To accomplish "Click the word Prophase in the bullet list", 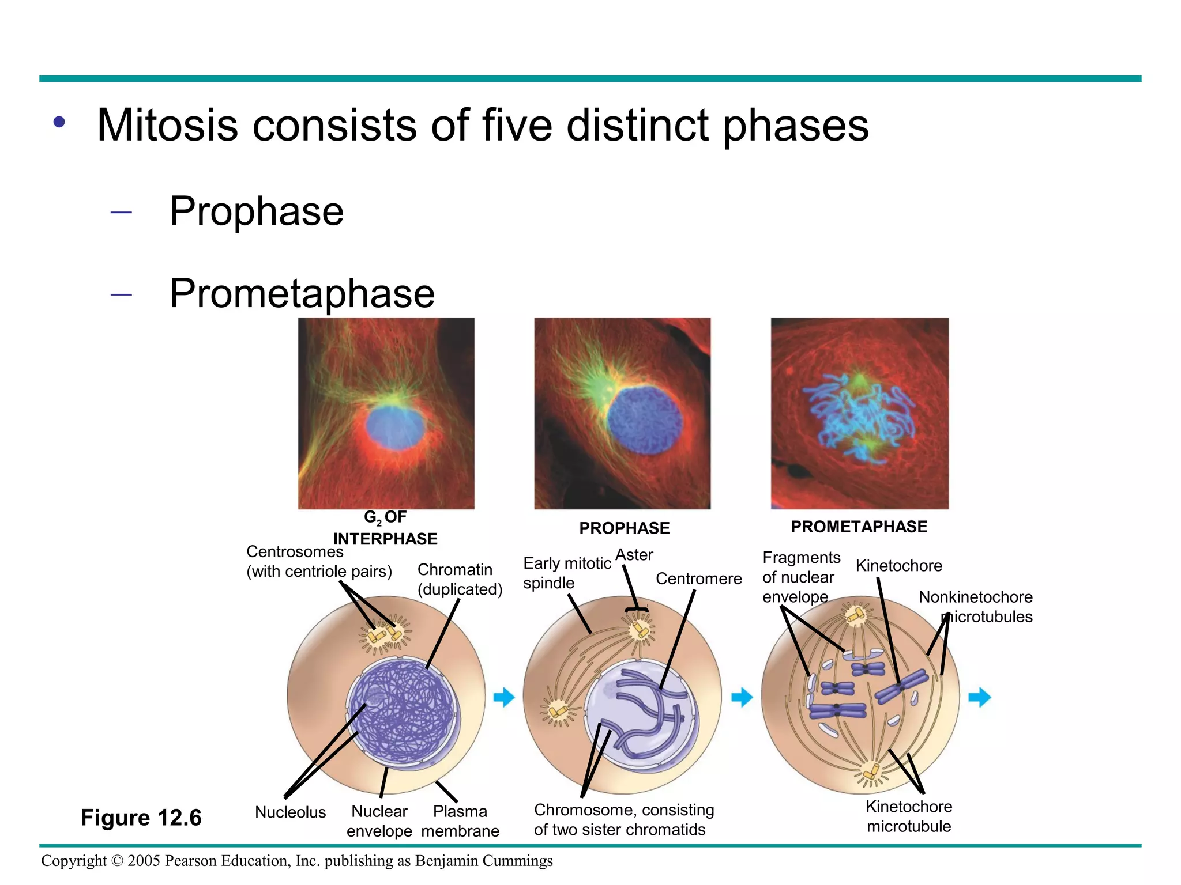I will tap(257, 211).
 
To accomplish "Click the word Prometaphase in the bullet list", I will tap(302, 294).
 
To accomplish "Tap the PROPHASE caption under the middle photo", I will tap(624, 528).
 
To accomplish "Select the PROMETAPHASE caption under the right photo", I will tap(859, 527).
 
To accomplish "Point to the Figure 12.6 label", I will tap(141, 818).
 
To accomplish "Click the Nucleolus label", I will tap(290, 812).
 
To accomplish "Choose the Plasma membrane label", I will tap(460, 821).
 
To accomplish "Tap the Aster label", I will tap(634, 555).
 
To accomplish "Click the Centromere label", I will tap(698, 578).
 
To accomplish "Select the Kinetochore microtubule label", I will tap(908, 816).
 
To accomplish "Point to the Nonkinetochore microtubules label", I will tap(976, 607).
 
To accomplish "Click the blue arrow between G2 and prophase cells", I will tap(504, 697).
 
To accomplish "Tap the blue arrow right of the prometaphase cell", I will tap(979, 697).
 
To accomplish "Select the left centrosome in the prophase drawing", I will tap(557, 712).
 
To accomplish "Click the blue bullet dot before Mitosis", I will tap(59, 122).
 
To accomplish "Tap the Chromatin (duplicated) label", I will tap(460, 579).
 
